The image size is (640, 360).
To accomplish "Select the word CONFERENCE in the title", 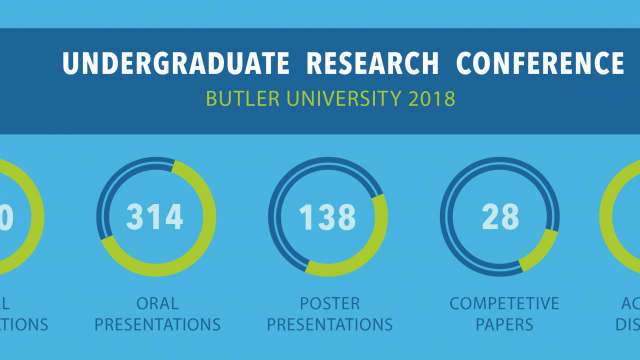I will point(540,63).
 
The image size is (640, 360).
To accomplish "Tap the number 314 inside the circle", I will point(156,216).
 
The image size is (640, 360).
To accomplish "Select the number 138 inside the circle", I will point(327,216).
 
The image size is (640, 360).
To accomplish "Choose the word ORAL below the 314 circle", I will point(156,303).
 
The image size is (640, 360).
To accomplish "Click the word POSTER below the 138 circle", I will point(327,303).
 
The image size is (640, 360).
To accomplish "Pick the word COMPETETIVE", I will point(504,303).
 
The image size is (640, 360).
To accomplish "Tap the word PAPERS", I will point(504,324).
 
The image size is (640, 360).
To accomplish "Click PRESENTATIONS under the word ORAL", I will point(156,324).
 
